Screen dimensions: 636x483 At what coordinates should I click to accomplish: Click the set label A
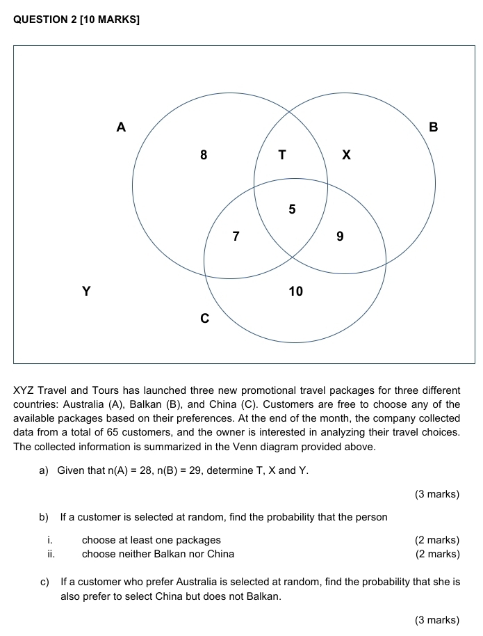pos(122,127)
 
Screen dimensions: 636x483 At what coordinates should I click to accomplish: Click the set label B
pos(434,127)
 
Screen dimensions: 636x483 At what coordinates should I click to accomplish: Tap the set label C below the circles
pos(204,319)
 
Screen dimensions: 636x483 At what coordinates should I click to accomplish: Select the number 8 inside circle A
pos(204,155)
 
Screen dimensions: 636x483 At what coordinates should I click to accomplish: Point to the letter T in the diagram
pos(282,155)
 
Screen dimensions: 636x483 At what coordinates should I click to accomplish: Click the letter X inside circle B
pos(347,155)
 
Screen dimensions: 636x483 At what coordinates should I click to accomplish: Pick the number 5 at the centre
pos(292,209)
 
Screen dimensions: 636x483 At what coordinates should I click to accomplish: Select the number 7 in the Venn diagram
pos(236,237)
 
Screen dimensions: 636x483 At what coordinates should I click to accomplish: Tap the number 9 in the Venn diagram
pos(340,237)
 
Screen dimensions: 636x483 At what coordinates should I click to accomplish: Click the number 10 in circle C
pos(296,291)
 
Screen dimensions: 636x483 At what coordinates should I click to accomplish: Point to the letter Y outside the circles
pos(86,291)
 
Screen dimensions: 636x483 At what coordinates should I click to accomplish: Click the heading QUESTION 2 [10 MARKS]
pos(76,19)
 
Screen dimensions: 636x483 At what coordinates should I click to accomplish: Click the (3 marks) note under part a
pos(437,494)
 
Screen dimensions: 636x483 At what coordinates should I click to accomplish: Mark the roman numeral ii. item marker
pos(51,554)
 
